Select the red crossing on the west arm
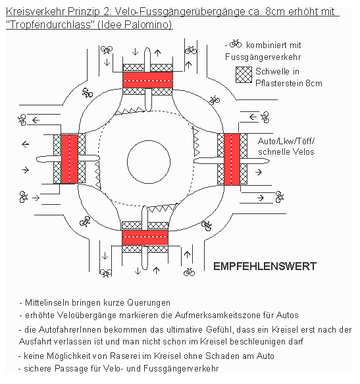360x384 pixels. coord(70,158)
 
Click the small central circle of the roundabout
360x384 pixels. coord(149,159)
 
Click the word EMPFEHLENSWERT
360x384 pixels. coord(265,267)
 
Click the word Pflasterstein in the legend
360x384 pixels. coord(279,84)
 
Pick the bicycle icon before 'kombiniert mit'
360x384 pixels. coord(234,44)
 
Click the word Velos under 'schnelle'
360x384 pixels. coord(302,152)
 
